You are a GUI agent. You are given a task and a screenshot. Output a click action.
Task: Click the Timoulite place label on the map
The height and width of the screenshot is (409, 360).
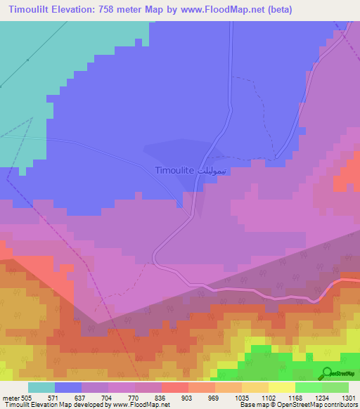pos(174,171)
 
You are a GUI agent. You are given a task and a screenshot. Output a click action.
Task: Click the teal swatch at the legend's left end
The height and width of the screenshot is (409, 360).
pos(41,387)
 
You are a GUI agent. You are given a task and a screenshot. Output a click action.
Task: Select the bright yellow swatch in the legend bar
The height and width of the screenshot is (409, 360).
pos(281,387)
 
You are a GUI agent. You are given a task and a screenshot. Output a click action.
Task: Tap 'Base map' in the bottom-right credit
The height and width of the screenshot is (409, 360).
pos(250,405)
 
